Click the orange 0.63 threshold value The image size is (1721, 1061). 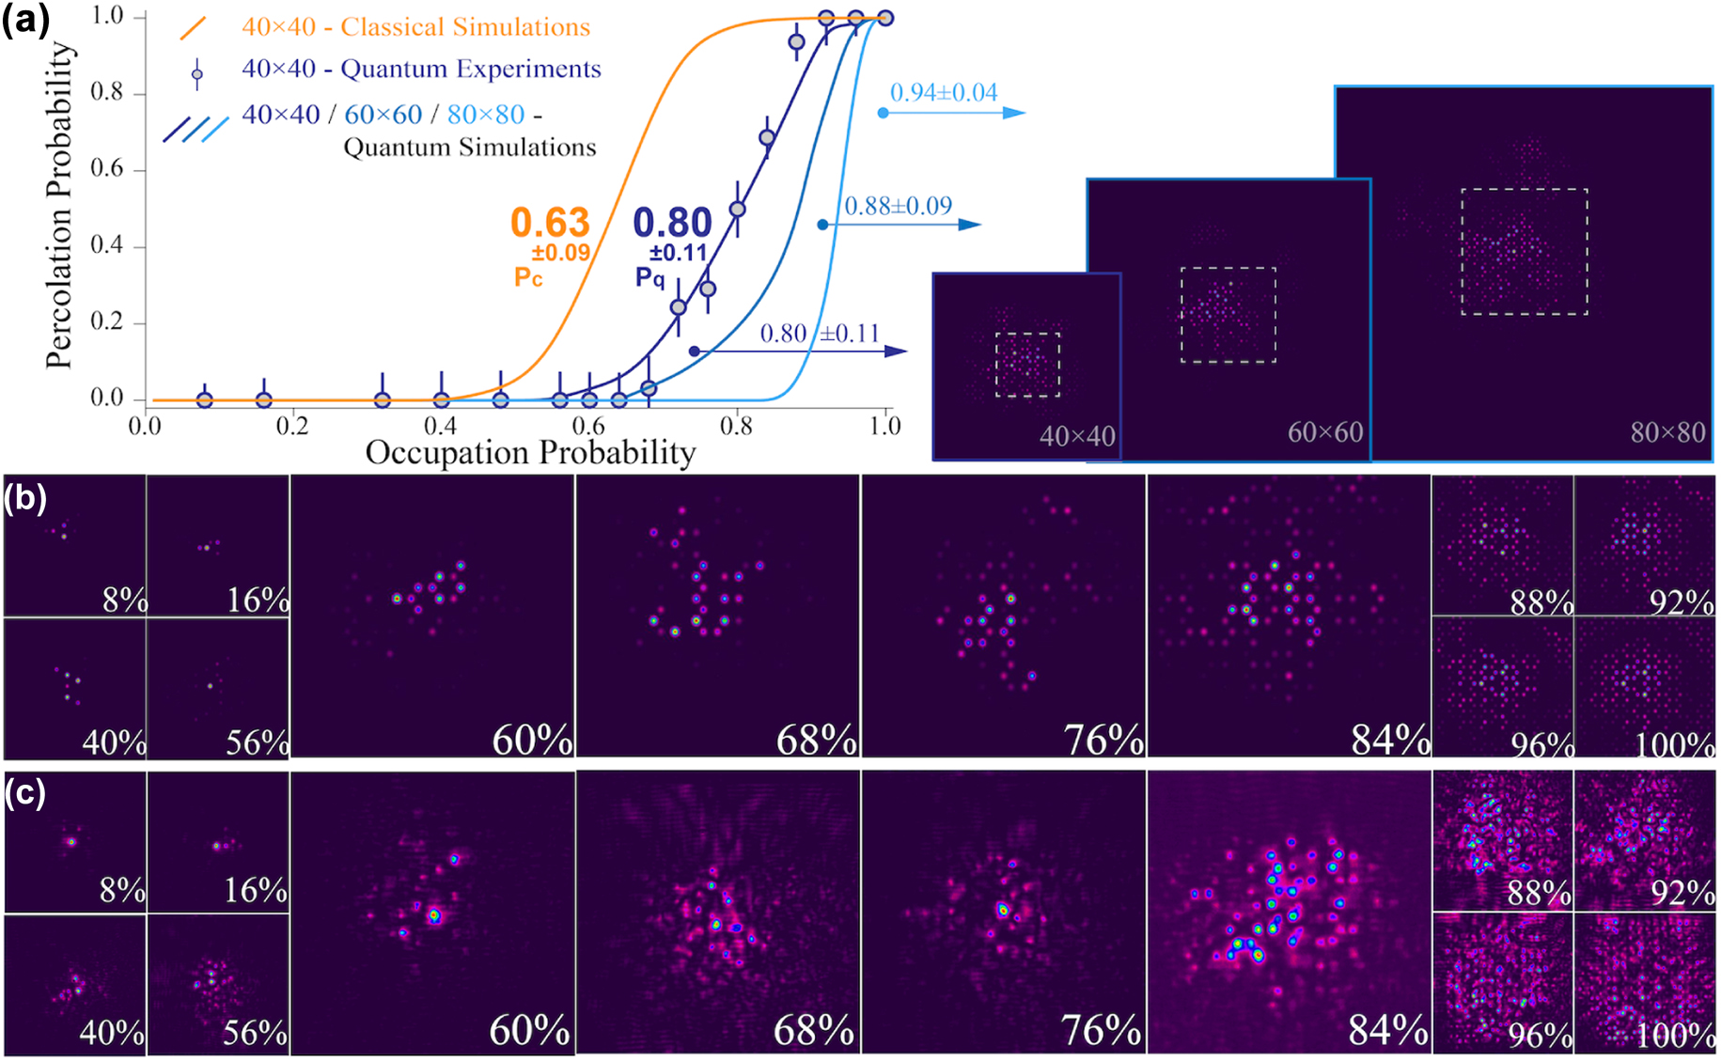point(550,224)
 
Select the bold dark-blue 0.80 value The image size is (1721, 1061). point(672,224)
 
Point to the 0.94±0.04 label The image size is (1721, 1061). point(944,93)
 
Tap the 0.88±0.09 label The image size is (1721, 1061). point(898,206)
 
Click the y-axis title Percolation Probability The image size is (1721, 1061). point(59,205)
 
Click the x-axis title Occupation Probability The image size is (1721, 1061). point(530,453)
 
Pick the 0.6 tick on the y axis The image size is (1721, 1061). point(106,169)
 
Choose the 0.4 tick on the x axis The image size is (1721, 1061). point(440,426)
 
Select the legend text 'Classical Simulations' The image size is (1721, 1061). point(465,26)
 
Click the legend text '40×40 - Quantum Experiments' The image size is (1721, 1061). point(421,69)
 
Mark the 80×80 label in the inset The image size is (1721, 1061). point(1667,432)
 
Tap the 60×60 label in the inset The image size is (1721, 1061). point(1325,432)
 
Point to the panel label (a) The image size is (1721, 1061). point(25,19)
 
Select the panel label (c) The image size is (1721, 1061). point(25,793)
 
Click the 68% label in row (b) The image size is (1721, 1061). point(816,741)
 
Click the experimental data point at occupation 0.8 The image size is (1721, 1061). point(738,209)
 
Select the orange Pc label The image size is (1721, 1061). point(528,278)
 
